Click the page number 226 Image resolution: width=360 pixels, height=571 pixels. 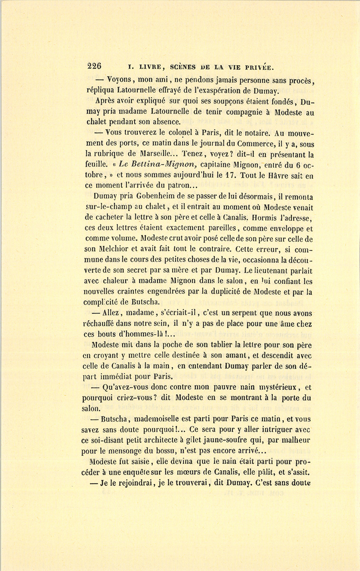[x=94, y=66]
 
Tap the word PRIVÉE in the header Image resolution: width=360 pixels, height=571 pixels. [x=254, y=67]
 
